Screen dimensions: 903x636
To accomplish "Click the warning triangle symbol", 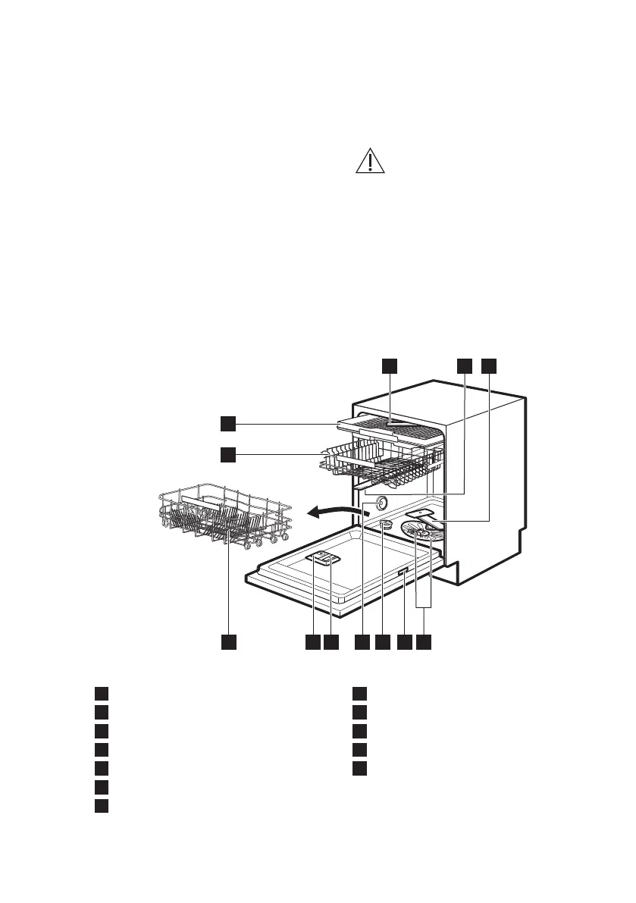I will pyautogui.click(x=370, y=161).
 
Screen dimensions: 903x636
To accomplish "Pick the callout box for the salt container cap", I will pyautogui.click(x=383, y=642).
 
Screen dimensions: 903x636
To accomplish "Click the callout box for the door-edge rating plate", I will pyautogui.click(x=404, y=642).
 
